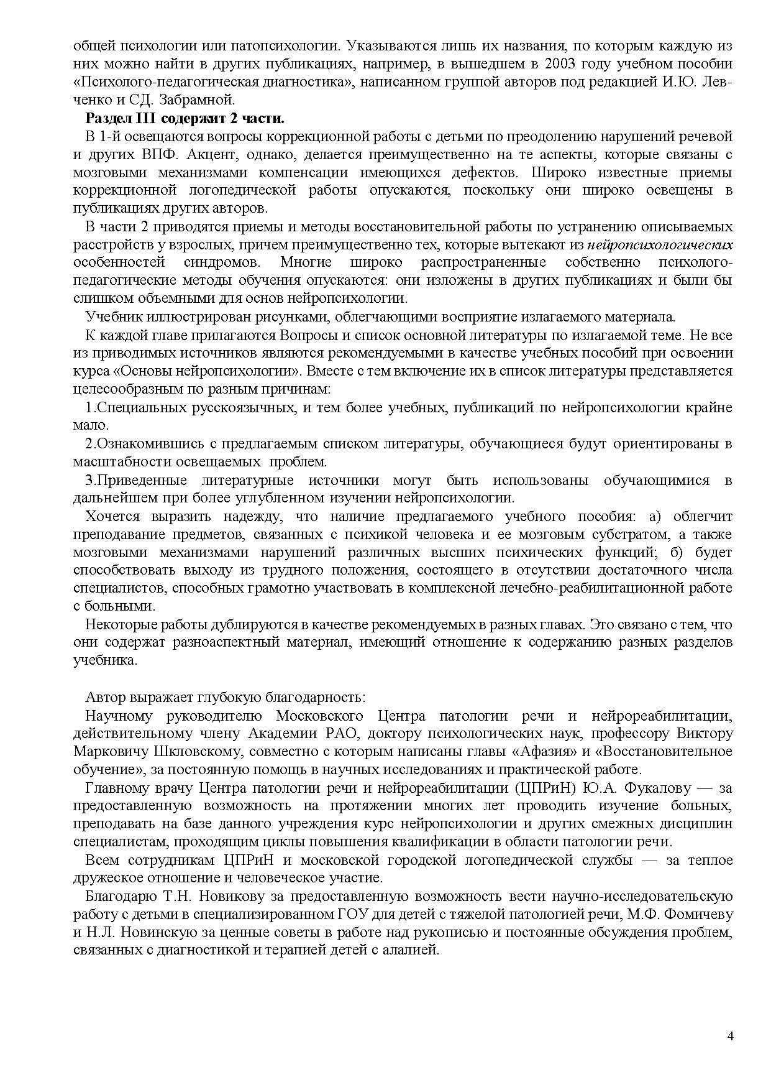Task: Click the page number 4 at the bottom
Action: pyautogui.click(x=730, y=1036)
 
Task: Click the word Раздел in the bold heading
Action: pyautogui.click(x=107, y=118)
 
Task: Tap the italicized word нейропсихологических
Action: pyautogui.click(x=660, y=244)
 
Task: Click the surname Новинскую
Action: pyautogui.click(x=142, y=933)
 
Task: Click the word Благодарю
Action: pyautogui.click(x=120, y=897)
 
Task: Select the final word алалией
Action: pyautogui.click(x=414, y=951)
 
